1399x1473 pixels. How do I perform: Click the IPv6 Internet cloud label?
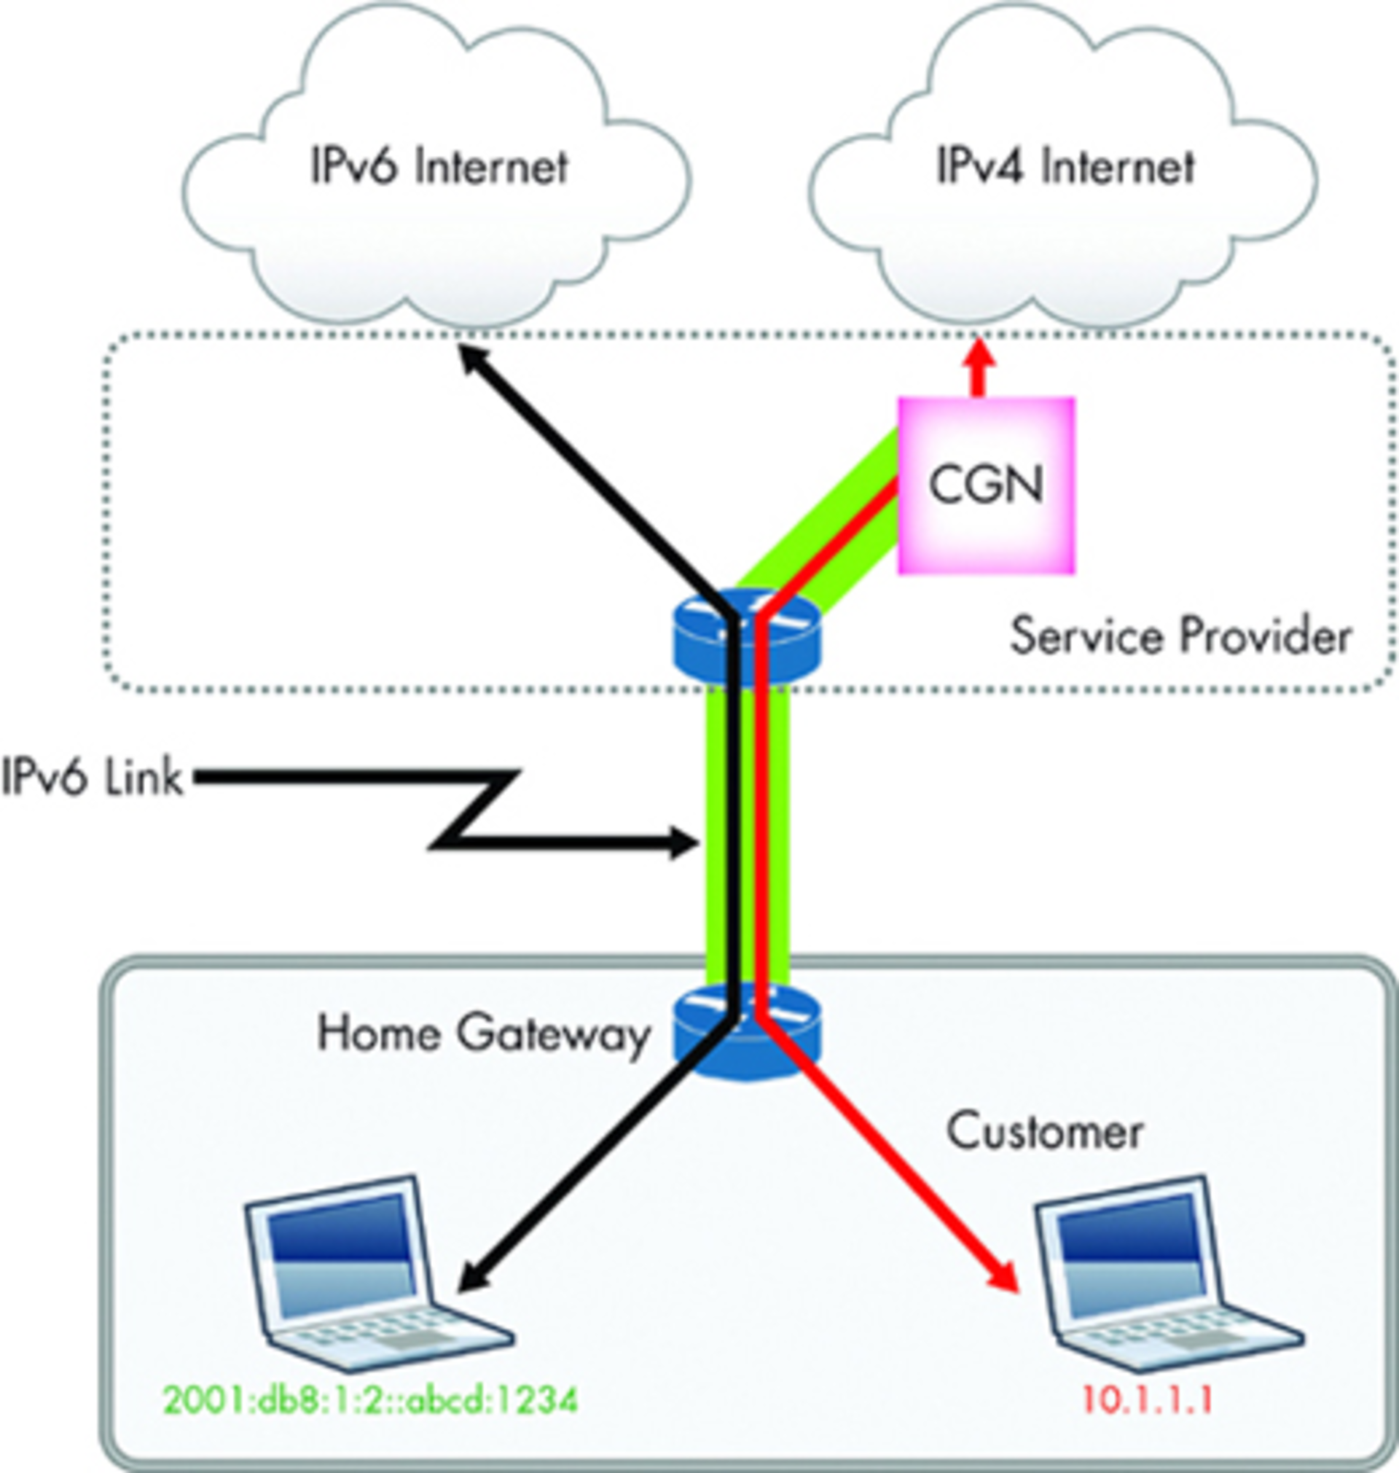(x=439, y=166)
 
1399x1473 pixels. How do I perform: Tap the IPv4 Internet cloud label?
(x=1065, y=166)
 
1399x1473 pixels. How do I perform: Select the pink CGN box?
(x=986, y=485)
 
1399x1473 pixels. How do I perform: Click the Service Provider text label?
(x=1180, y=637)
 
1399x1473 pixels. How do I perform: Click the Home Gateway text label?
(x=483, y=1035)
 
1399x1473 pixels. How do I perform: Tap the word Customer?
(x=1044, y=1131)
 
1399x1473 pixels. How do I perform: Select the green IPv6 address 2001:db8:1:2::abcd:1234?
(x=371, y=1400)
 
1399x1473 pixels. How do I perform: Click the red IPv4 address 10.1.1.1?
(x=1146, y=1400)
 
